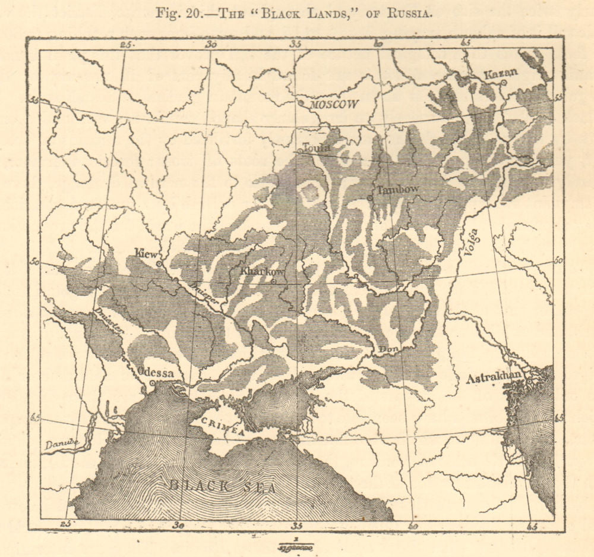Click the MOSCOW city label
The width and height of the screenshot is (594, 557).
pyautogui.click(x=336, y=104)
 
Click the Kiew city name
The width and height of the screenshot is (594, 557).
pyautogui.click(x=146, y=252)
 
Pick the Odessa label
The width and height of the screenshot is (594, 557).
pyautogui.click(x=155, y=373)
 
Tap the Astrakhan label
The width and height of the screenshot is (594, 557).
pyautogui.click(x=494, y=377)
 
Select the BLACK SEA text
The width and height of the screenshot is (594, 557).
pyautogui.click(x=223, y=487)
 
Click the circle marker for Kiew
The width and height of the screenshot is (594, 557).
pyautogui.click(x=159, y=263)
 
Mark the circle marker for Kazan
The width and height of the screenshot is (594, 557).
pyautogui.click(x=503, y=83)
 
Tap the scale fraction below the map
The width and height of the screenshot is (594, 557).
pyautogui.click(x=295, y=545)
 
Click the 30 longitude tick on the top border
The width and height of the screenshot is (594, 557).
pyautogui.click(x=211, y=43)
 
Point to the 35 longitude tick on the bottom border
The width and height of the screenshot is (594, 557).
pyautogui.click(x=296, y=524)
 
